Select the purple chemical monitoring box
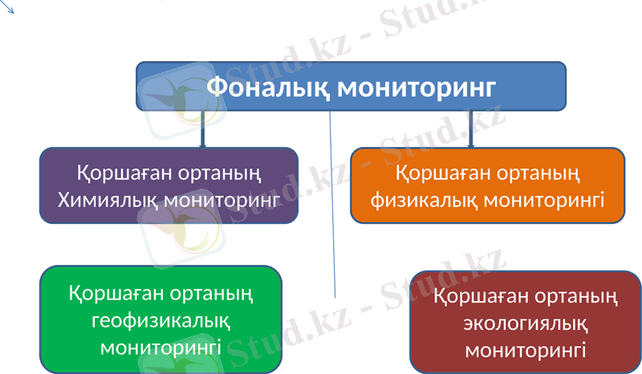point(169,185)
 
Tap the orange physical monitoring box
point(487,185)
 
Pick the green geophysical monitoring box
point(161,320)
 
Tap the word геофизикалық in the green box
point(161,320)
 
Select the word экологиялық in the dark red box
point(526,323)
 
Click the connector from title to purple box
point(201,128)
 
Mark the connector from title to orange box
point(470,128)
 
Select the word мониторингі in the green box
point(161,347)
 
